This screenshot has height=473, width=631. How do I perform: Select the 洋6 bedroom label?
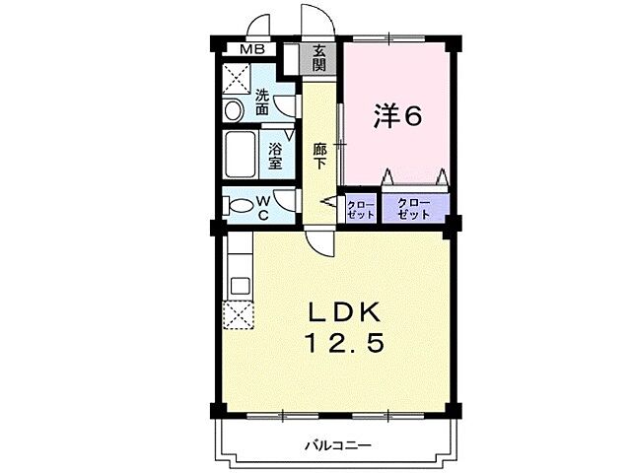click(x=397, y=116)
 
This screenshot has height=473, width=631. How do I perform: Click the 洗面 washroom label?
click(x=263, y=103)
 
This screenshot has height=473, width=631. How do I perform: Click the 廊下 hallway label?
click(x=319, y=156)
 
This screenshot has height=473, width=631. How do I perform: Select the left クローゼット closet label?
click(x=361, y=208)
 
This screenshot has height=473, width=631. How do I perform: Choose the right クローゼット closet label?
click(x=415, y=208)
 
